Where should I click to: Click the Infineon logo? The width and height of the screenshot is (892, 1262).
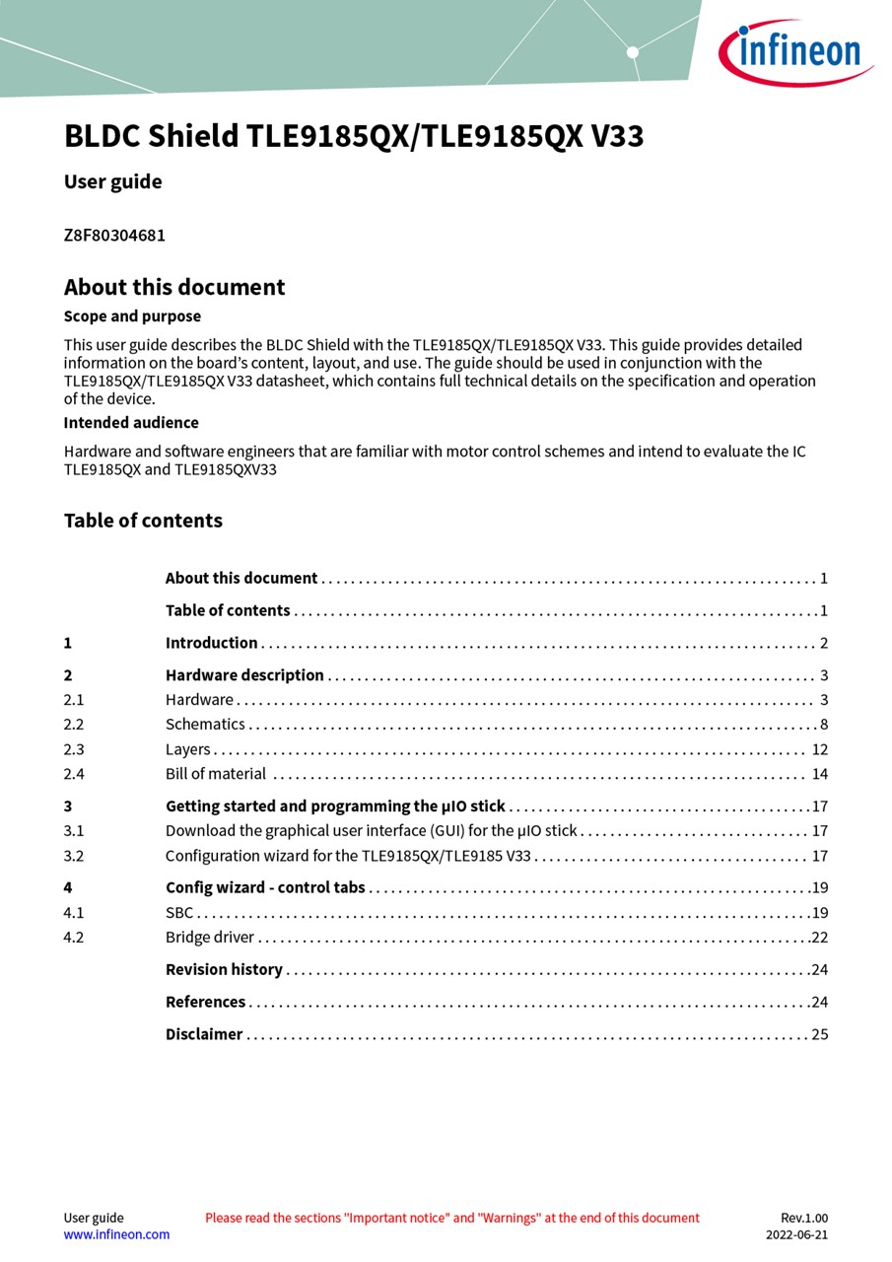pos(796,51)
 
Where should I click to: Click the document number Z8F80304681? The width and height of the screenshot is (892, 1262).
pos(114,236)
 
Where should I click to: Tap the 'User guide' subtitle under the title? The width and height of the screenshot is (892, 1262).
pos(112,182)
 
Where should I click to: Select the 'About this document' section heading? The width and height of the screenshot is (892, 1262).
pos(174,288)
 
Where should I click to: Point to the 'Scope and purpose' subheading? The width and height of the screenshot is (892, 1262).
pos(132,316)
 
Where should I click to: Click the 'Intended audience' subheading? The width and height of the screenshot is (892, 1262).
pos(131,423)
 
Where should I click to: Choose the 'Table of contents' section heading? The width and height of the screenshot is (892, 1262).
pos(143,521)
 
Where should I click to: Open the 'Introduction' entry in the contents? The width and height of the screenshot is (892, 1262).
pos(211,643)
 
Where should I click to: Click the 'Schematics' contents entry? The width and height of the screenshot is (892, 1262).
pos(205,725)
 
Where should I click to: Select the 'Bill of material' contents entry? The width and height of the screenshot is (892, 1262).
pos(216,774)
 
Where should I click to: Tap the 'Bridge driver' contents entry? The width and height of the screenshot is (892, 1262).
pos(210,938)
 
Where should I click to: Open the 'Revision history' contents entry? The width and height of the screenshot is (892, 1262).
pos(224,970)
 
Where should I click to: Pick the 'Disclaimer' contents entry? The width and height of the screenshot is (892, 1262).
pos(204,1034)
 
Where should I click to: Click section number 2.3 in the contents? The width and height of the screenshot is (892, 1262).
pos(74,749)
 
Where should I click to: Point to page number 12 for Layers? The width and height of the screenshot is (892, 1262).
pos(820,749)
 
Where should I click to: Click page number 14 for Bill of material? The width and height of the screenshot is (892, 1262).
pos(820,774)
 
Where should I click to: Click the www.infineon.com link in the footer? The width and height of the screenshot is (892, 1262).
pos(116,1234)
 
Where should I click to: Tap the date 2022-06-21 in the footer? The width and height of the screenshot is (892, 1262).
pos(796,1234)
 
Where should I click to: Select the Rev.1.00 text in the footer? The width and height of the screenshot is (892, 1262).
pos(804,1218)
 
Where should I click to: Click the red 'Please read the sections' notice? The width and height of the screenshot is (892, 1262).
pos(452,1218)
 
